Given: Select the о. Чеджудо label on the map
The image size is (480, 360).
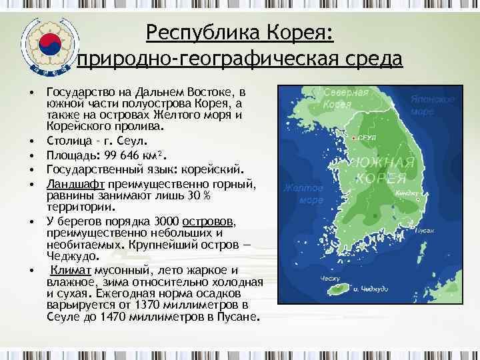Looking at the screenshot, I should [371, 289].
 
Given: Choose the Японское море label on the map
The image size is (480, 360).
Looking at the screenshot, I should [433, 105].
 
